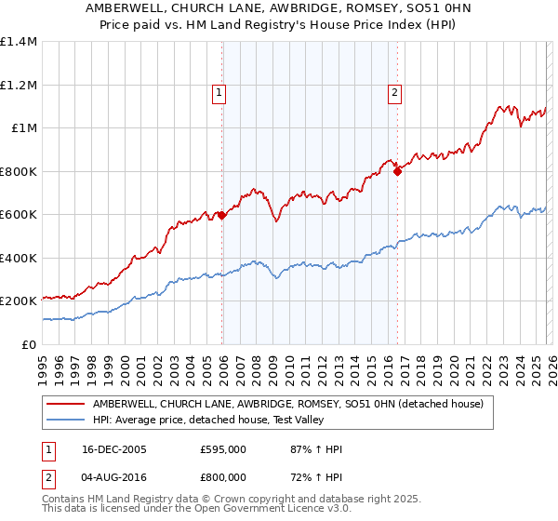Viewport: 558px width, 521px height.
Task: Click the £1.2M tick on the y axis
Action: tap(19, 85)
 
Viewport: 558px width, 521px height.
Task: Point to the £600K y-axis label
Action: tap(19, 214)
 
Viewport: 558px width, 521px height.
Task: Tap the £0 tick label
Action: tap(28, 344)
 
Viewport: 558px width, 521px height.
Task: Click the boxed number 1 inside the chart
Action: tap(219, 92)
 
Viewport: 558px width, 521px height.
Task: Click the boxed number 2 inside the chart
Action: tap(395, 92)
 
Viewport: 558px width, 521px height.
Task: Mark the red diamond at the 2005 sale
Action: tap(222, 216)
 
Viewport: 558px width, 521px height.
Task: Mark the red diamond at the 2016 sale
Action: tap(397, 171)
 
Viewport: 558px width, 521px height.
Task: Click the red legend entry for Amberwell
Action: tap(287, 405)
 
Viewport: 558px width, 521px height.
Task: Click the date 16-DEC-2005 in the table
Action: tap(113, 449)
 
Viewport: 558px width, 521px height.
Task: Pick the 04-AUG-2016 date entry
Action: tap(114, 479)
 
